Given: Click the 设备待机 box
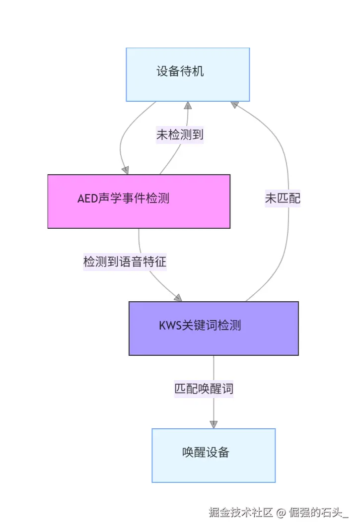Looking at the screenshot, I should click(x=188, y=74).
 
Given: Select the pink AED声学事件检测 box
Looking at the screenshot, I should click(x=139, y=201).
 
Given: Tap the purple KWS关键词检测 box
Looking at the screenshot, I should click(x=214, y=328).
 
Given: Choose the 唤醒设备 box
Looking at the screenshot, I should click(x=214, y=455).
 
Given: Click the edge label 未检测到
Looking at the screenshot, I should click(x=180, y=134).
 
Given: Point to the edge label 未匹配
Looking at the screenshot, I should click(x=283, y=199).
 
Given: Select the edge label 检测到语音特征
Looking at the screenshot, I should click(x=125, y=262).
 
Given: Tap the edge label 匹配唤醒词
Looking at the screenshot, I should click(x=204, y=389).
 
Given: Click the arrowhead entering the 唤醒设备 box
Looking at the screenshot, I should click(x=214, y=424).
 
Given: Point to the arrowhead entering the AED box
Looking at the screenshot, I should click(x=125, y=170).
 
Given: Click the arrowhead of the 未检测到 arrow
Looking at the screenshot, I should click(x=188, y=105).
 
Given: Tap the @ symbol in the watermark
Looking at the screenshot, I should click(x=281, y=513).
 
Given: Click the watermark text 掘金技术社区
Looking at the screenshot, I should click(x=241, y=513).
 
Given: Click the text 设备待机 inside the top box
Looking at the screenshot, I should click(x=180, y=72).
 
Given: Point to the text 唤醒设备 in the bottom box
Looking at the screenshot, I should click(x=206, y=453).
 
